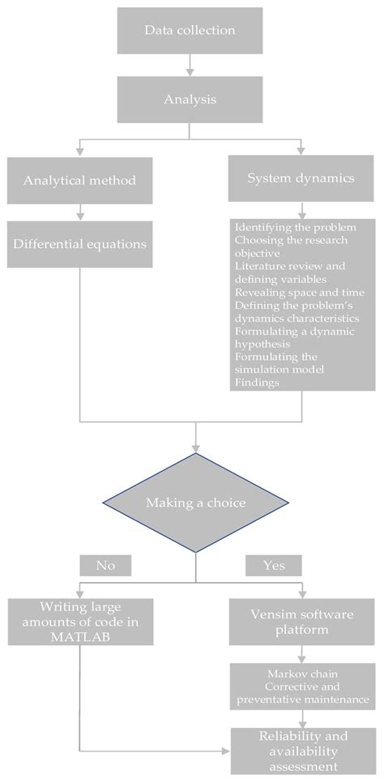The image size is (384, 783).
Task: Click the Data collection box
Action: tap(190, 31)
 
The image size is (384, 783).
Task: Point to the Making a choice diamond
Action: tap(195, 503)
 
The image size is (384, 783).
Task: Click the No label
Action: tap(105, 564)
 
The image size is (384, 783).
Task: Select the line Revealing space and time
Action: tap(298, 292)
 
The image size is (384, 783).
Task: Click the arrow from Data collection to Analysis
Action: tap(190, 63)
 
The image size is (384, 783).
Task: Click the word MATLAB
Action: tap(79, 637)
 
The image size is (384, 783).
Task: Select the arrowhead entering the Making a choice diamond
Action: tap(195, 447)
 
